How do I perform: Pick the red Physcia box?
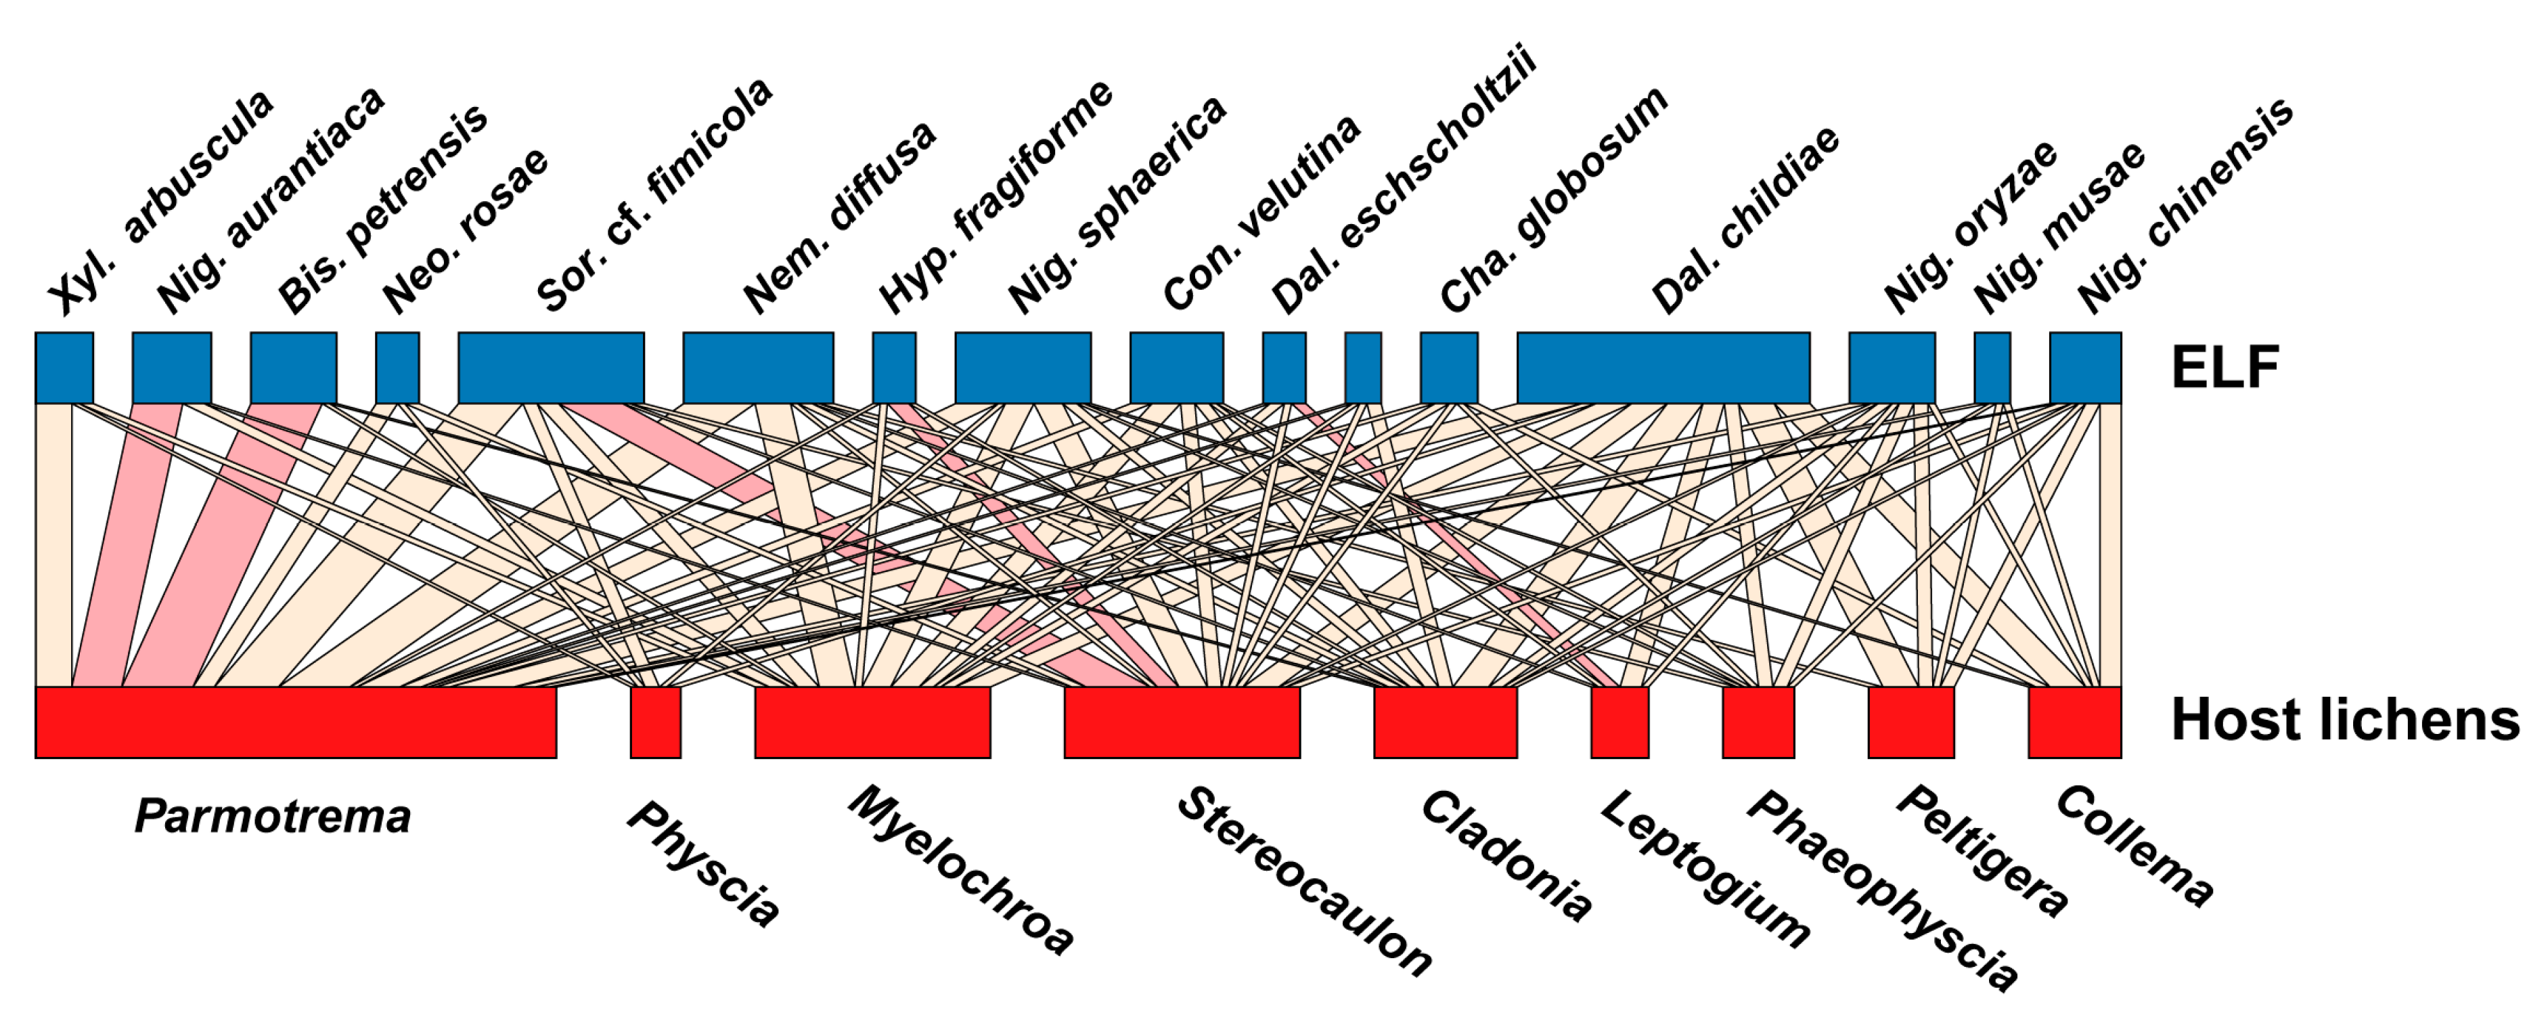655,722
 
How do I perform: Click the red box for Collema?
2074,722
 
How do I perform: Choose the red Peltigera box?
1910,722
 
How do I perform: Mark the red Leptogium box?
1619,722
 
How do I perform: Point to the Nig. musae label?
2059,227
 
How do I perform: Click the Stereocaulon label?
1303,880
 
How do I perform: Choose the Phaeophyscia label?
1879,890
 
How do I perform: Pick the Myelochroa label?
960,871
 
